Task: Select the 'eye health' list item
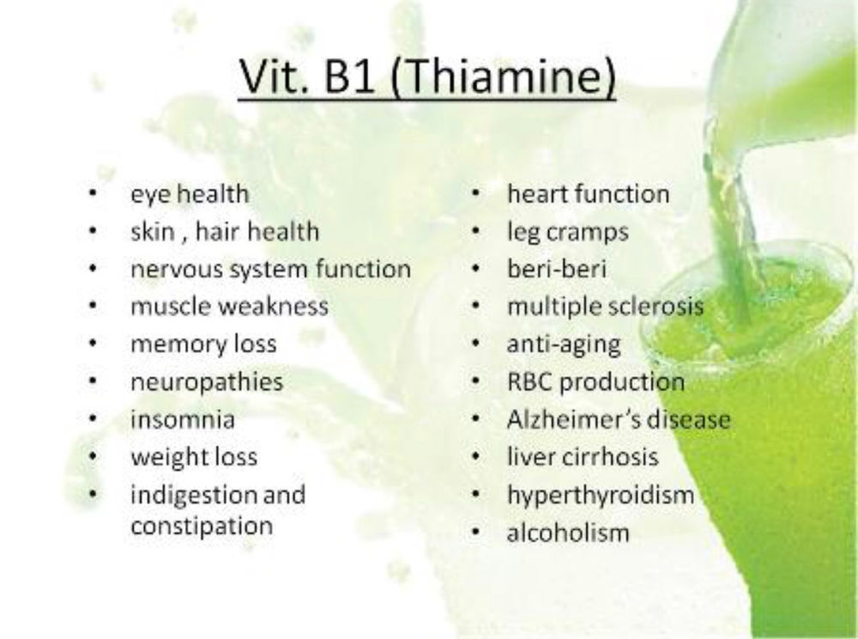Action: [189, 194]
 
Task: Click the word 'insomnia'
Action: [182, 420]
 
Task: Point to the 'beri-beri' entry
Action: [557, 269]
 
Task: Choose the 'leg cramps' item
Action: [567, 231]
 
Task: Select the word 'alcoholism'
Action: [568, 532]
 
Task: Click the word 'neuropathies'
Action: [206, 382]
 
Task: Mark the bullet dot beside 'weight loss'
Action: [92, 457]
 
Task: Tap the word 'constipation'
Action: [202, 524]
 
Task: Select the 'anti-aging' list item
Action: [563, 344]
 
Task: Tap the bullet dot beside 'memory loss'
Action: [92, 344]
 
